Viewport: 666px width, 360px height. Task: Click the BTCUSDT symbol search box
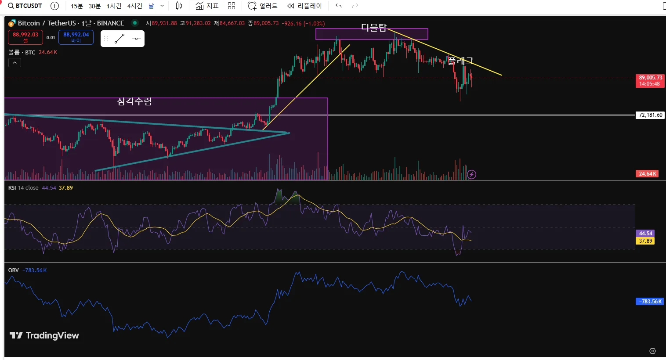tap(25, 6)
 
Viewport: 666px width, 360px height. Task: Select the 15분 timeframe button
tap(77, 6)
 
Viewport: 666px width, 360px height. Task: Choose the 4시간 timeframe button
tap(135, 6)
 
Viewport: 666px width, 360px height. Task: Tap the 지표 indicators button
tap(207, 6)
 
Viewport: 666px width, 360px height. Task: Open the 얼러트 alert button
tap(263, 6)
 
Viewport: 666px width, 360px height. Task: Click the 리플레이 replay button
tap(304, 6)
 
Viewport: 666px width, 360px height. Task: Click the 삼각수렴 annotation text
tap(134, 101)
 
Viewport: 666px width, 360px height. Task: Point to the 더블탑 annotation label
tap(374, 28)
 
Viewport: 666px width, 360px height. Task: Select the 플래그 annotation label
tap(460, 61)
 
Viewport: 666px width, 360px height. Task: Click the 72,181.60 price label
tap(650, 115)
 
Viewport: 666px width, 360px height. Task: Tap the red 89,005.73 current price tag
tap(650, 80)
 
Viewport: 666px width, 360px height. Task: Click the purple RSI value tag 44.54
tap(645, 234)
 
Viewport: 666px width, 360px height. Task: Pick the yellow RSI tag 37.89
tap(645, 241)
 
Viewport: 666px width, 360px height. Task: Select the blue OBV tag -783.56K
tap(650, 302)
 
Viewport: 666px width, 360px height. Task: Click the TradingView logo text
tap(44, 335)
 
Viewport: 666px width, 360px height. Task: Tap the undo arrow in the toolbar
tap(338, 6)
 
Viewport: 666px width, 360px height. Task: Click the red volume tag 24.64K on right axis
tap(647, 174)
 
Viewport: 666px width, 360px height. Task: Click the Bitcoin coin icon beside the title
tap(12, 23)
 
